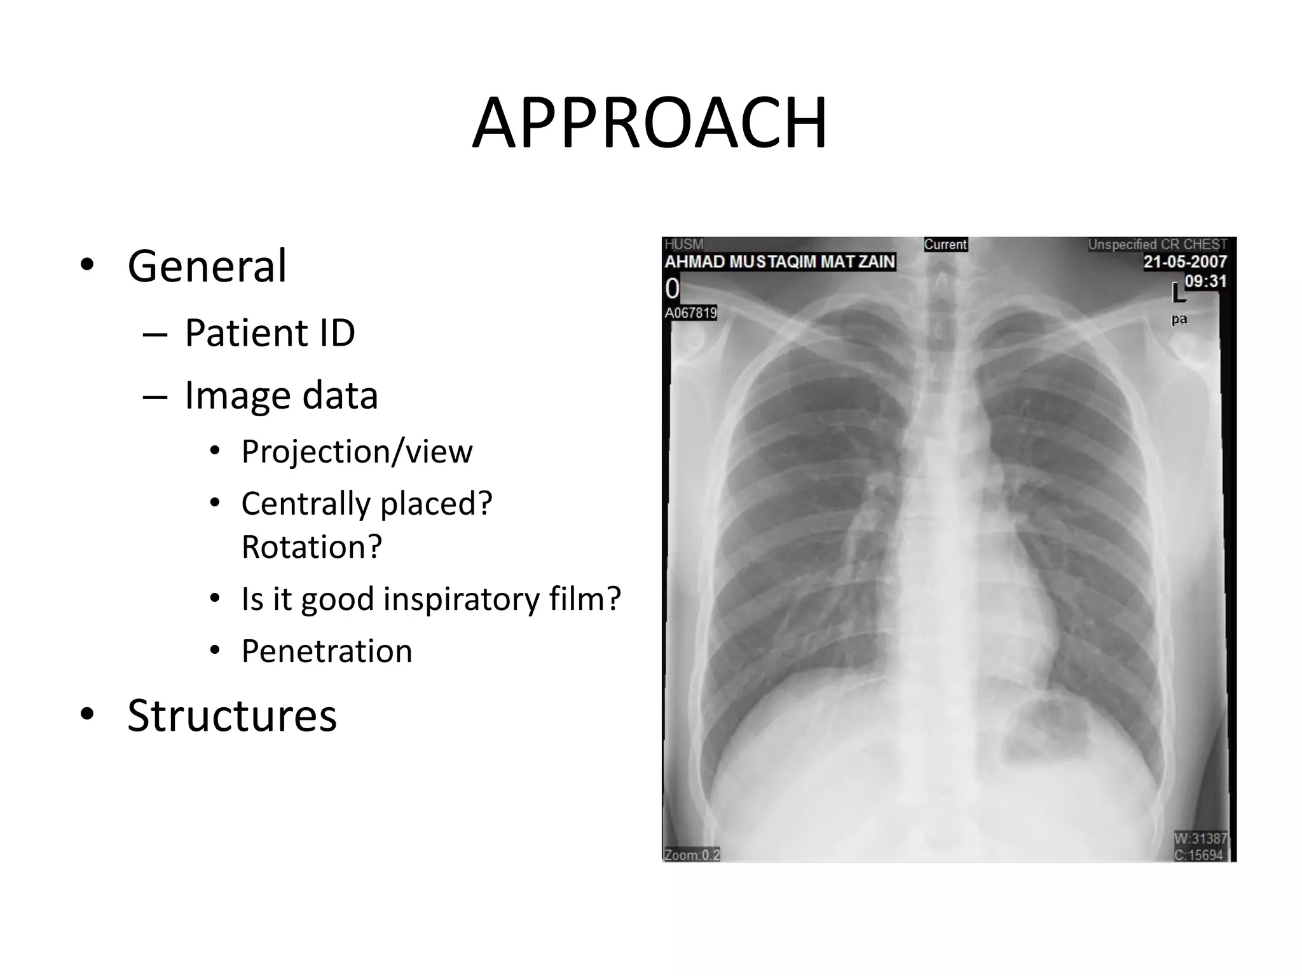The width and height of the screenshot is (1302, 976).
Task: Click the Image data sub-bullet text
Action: [x=281, y=395]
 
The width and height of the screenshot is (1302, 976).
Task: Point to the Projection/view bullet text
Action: [x=357, y=452]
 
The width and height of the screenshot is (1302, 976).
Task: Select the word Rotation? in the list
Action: [x=312, y=546]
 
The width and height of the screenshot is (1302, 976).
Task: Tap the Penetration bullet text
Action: [x=327, y=651]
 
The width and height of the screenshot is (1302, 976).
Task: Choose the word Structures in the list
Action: [x=231, y=715]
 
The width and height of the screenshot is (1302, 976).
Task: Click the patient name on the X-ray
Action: [x=779, y=262]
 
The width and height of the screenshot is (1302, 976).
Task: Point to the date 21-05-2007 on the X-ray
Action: [x=1184, y=262]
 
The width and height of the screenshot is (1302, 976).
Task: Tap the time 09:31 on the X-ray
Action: [x=1205, y=281]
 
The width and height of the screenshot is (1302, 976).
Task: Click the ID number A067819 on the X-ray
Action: [x=690, y=313]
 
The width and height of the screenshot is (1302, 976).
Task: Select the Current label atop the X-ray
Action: [x=945, y=245]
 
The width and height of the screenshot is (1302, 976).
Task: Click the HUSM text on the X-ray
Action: [x=684, y=245]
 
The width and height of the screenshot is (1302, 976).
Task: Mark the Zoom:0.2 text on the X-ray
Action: [x=692, y=855]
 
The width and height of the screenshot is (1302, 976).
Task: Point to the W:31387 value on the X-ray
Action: [x=1200, y=839]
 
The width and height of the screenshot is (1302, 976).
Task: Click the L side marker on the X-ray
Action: [x=1178, y=294]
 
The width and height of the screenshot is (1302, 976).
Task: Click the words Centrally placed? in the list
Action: [x=367, y=504]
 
